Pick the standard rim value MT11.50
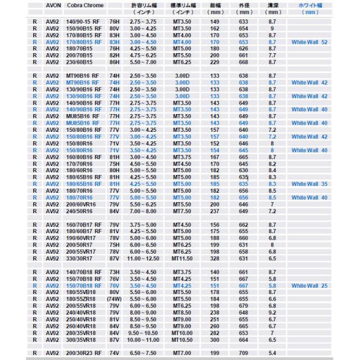pos(183,258)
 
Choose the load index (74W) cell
pos(115,299)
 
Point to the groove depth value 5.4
pos(272,353)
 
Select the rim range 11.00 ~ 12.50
pos(144,258)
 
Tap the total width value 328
pos(214,258)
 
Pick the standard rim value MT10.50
pos(183,340)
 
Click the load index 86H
pos(115,63)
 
